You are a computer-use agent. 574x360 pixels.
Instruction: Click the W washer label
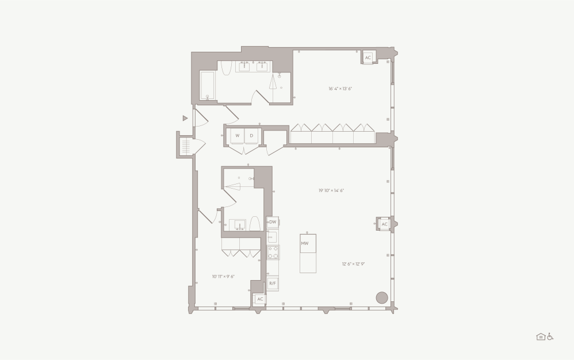[x=237, y=136]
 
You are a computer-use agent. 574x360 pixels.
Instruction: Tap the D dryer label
[x=251, y=136]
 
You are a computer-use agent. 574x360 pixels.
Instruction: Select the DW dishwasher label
[x=273, y=221]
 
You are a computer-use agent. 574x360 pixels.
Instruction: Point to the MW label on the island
[x=305, y=244]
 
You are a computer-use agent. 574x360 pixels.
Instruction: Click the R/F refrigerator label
[x=273, y=284]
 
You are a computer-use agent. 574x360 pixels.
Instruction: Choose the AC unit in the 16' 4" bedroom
[x=368, y=58]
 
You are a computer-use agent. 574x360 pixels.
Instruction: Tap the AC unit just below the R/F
[x=260, y=299]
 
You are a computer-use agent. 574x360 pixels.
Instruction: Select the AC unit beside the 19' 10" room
[x=384, y=224]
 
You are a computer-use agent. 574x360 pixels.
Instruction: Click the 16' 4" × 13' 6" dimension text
[x=340, y=89]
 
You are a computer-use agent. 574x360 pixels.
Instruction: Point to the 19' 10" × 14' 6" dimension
[x=331, y=190]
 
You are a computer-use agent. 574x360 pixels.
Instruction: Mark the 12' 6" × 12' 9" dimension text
[x=354, y=264]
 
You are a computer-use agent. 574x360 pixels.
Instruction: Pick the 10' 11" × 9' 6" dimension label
[x=223, y=277]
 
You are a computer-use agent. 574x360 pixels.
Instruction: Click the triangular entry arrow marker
[x=185, y=118]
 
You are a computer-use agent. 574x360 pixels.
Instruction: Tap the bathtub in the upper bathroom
[x=207, y=86]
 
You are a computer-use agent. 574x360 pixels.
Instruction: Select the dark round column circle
[x=381, y=297]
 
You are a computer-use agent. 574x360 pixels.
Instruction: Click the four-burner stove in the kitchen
[x=273, y=252]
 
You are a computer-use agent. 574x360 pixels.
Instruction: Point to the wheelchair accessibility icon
[x=550, y=336]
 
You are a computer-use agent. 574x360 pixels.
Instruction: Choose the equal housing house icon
[x=541, y=336]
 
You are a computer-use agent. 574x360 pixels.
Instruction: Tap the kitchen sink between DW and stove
[x=273, y=236]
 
